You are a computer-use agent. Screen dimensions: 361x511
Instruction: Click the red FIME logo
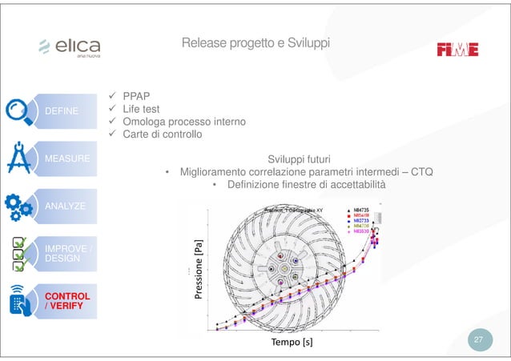[457, 49]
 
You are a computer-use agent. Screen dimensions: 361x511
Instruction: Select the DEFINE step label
[62, 110]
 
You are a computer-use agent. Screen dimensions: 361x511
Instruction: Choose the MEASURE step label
[65, 158]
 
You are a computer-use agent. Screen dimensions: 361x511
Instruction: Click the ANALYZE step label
[65, 207]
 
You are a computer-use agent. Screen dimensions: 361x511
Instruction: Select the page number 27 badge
[478, 341]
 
